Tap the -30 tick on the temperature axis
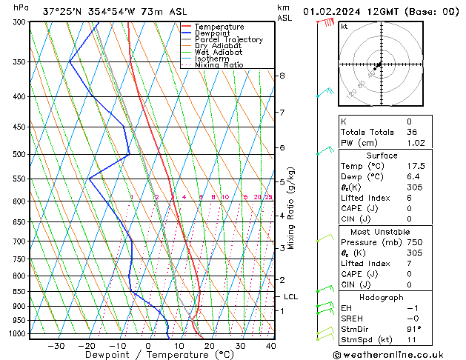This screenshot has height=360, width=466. [56, 345]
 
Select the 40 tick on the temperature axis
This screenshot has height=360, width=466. [270, 345]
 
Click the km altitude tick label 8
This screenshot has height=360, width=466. [282, 76]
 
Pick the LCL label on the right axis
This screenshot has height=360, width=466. [290, 297]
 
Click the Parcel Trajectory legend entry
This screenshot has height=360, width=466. [228, 40]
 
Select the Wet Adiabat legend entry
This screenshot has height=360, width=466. [218, 53]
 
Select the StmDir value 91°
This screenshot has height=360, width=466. [413, 329]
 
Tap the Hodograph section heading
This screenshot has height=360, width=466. [382, 297]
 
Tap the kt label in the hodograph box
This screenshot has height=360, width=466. [344, 27]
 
